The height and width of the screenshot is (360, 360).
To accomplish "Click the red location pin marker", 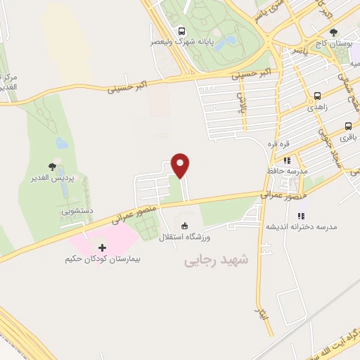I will point(181,165).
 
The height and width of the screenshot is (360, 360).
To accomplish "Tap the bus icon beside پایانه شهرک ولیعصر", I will point(182,31).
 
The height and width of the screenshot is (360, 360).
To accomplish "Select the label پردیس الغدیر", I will point(52,179).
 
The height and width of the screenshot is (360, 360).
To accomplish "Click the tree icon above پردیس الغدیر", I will point(52,167).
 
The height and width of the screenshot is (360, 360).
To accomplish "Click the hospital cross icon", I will point(103,247).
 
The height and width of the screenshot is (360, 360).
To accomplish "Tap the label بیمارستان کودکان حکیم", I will point(103,259).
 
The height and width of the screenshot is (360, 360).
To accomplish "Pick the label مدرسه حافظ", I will point(287,171).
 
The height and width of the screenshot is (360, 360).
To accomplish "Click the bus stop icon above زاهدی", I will point(317,96).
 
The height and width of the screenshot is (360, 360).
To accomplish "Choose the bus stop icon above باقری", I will point(347,127).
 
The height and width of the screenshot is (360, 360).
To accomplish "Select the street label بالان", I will point(239,103).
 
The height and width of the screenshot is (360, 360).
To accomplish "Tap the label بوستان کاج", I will point(333,44).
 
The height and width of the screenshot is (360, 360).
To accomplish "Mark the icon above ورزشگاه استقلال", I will point(185,226).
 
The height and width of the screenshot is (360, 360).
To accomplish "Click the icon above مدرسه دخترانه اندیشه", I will point(302,216).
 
